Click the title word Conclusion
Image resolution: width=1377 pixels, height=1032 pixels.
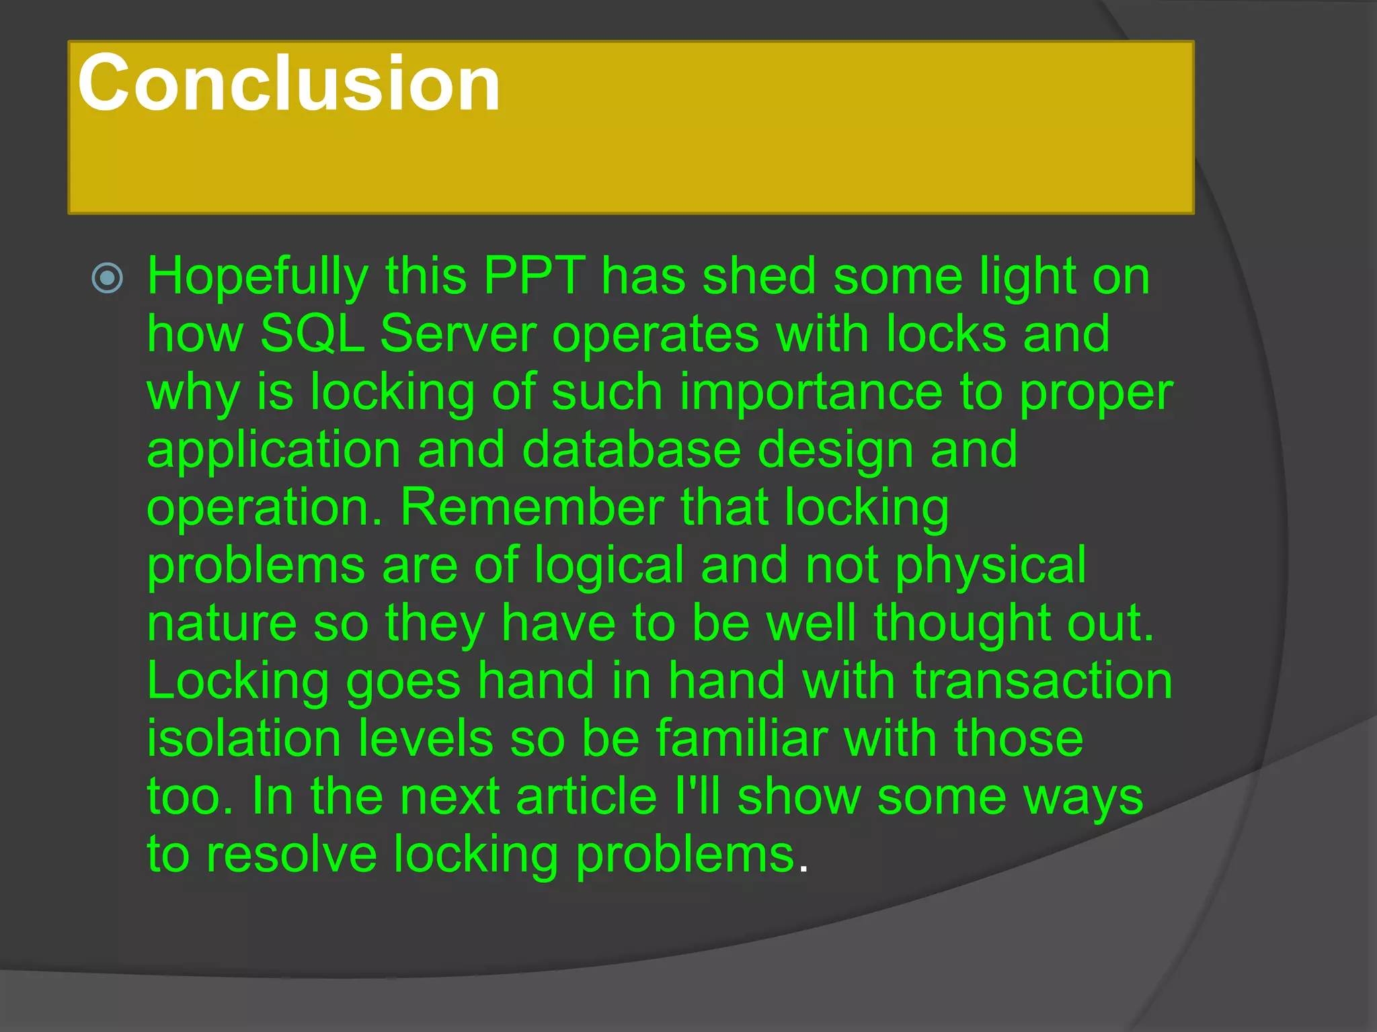289,84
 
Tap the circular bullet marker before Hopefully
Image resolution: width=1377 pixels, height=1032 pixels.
108,277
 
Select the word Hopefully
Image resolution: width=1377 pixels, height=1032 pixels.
258,277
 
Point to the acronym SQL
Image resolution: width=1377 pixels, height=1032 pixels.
312,334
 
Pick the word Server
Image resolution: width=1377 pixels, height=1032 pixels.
458,334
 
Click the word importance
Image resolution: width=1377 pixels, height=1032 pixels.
811,393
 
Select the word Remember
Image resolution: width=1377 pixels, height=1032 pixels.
532,507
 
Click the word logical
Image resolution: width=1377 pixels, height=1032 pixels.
609,566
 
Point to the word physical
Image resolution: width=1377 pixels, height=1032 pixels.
990,566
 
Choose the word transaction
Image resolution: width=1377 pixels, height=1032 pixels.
1042,681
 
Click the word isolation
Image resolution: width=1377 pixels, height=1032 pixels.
243,738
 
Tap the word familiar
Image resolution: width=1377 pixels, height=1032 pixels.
741,738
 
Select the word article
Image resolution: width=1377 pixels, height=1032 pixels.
586,796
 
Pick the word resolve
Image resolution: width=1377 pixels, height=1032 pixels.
291,855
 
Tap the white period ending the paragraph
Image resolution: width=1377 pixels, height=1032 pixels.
802,868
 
